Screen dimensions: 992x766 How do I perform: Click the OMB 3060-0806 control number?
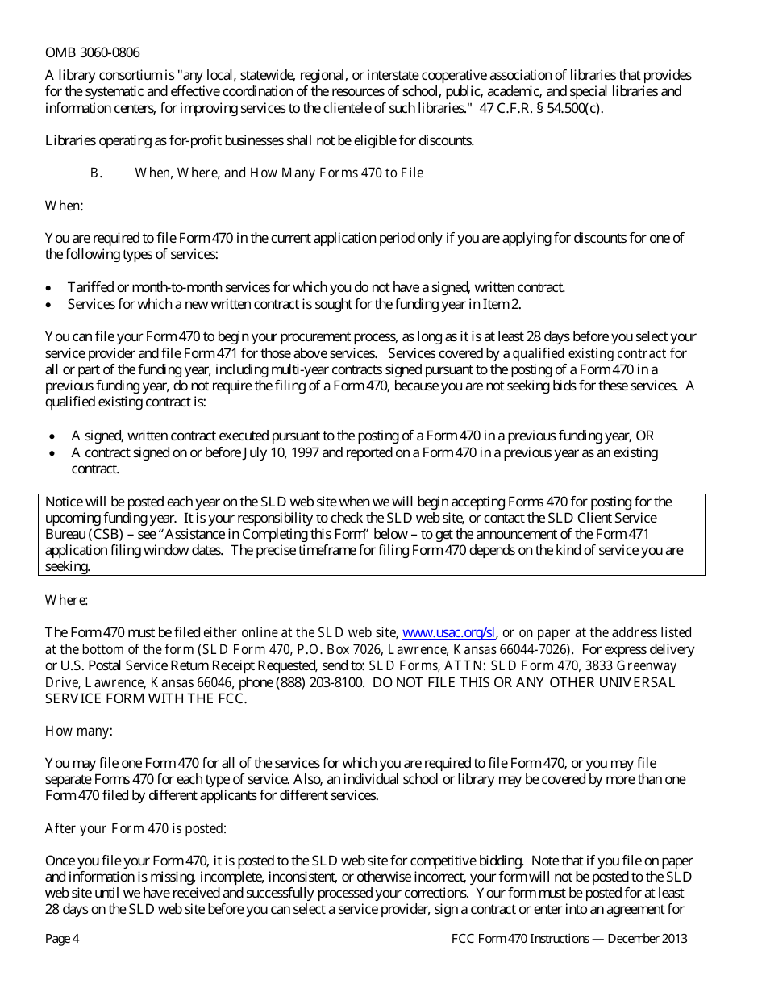(x=92, y=53)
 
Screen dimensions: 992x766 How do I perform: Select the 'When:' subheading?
(x=64, y=206)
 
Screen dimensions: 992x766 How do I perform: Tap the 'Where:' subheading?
(x=66, y=600)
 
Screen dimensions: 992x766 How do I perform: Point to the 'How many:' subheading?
(x=78, y=731)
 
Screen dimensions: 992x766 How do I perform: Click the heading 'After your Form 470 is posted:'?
(x=135, y=828)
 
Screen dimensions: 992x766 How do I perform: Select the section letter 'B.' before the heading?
(x=96, y=173)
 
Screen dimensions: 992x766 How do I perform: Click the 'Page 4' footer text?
(x=62, y=939)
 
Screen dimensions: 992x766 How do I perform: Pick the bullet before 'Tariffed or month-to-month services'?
(x=50, y=288)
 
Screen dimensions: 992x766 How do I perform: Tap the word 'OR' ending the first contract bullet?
(x=645, y=436)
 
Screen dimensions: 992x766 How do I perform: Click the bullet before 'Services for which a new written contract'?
(x=50, y=305)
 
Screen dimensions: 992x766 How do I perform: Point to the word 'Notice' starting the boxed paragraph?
(x=64, y=502)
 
